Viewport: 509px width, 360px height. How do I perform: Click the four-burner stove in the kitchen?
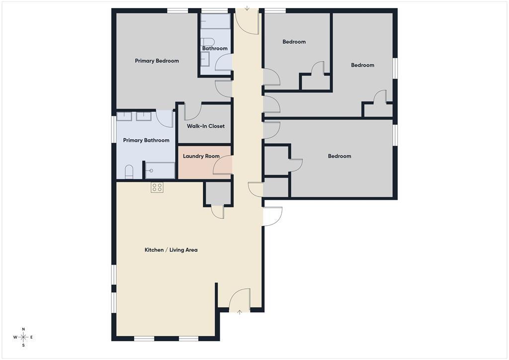point(157,187)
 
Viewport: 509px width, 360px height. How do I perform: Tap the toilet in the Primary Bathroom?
point(129,172)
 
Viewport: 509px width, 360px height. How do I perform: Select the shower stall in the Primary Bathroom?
point(160,170)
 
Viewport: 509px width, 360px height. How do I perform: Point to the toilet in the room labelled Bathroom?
point(208,42)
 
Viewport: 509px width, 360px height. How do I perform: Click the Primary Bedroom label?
point(157,61)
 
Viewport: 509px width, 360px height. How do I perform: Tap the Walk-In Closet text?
point(205,126)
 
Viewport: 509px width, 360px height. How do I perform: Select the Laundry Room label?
point(201,156)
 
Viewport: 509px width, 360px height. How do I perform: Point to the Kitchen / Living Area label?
point(170,250)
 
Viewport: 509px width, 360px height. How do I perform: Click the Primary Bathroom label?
point(146,140)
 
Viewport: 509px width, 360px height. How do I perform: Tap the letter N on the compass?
point(23,329)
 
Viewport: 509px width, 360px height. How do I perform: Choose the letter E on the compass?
point(32,337)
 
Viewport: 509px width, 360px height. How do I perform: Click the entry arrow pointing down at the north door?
point(247,8)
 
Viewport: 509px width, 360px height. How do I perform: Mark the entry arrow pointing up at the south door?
point(240,312)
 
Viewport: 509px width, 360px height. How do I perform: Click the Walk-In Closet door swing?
point(193,112)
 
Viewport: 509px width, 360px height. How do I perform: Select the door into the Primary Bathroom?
point(164,119)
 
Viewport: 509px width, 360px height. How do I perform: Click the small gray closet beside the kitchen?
point(218,193)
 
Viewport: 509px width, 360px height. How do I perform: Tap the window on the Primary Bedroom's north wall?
point(177,10)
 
